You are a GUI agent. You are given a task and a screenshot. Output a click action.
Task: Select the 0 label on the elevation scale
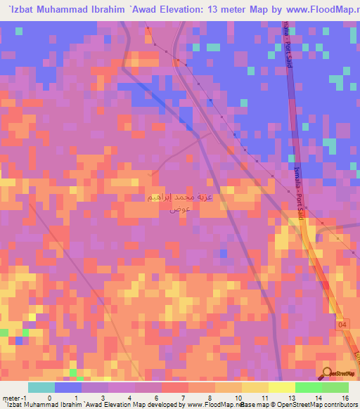(49, 397)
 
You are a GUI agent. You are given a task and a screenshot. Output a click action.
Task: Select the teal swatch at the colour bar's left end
(41, 387)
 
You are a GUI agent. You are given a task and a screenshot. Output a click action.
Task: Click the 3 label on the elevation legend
(103, 397)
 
